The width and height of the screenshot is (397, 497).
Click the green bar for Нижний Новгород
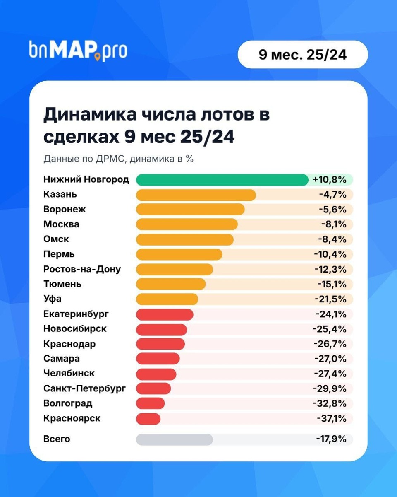[222, 180]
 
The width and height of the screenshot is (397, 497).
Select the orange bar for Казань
[196, 195]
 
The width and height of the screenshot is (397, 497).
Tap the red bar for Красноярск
[148, 419]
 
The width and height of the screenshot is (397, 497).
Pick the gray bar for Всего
[174, 439]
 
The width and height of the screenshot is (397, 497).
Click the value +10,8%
[329, 180]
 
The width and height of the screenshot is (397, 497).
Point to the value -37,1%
[331, 419]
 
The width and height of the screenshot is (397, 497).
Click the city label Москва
[61, 224]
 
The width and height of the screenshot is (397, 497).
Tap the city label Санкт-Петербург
[84, 388]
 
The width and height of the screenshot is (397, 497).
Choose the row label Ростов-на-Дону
[82, 269]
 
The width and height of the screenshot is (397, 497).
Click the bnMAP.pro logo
[78, 51]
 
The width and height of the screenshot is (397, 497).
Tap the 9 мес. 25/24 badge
[303, 55]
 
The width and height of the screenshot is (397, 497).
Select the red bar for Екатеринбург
[165, 314]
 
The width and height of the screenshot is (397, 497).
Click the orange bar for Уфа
[167, 299]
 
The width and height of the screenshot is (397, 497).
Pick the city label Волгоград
[68, 403]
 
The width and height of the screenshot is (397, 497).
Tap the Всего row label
[57, 439]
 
